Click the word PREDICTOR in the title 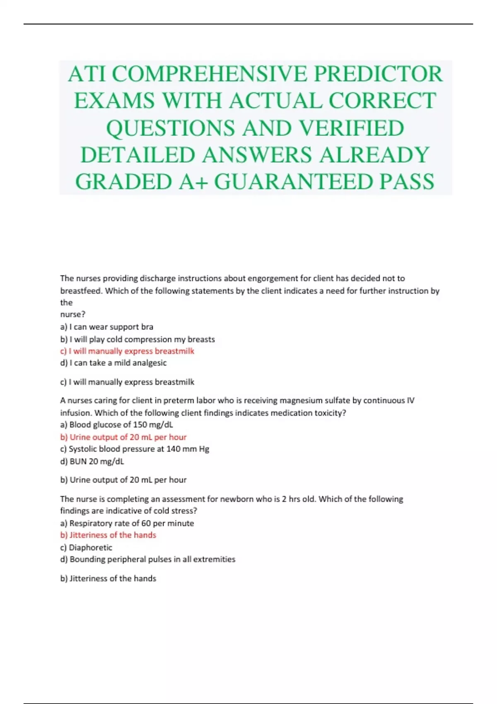tap(378, 74)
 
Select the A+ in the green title tap(193, 182)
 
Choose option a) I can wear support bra tap(107, 327)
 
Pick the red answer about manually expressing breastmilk tap(127, 351)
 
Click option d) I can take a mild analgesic tap(113, 363)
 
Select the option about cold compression tap(138, 339)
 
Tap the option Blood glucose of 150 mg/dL tap(117, 424)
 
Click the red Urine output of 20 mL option tap(123, 437)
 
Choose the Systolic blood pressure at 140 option tap(135, 449)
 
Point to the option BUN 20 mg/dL tap(92, 461)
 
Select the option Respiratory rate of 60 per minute tap(127, 523)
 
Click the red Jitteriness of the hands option tap(108, 535)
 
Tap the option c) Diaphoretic tap(86, 547)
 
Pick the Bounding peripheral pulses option tap(148, 559)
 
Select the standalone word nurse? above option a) tap(73, 314)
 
